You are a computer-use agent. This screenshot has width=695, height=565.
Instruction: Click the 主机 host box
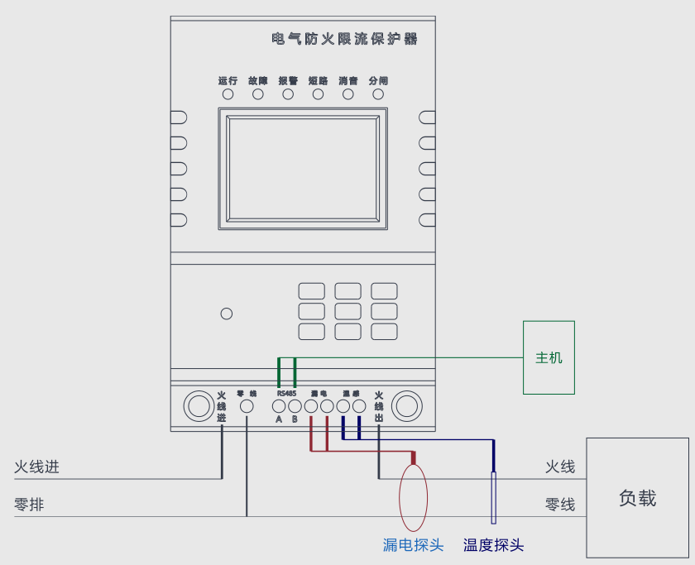click(x=549, y=357)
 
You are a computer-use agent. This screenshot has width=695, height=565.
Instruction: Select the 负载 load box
click(x=637, y=498)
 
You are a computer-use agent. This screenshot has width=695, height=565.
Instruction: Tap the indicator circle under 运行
click(x=228, y=94)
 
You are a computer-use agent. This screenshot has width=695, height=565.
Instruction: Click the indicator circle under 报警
click(x=288, y=94)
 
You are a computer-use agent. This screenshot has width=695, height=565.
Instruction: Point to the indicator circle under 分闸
click(x=378, y=94)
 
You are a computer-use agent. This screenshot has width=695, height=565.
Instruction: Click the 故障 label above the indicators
click(x=258, y=81)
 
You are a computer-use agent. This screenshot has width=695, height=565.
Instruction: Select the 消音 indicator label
click(x=348, y=81)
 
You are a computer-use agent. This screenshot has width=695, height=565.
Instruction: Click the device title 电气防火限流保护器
click(x=345, y=39)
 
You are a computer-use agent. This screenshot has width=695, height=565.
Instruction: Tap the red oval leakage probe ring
click(x=414, y=498)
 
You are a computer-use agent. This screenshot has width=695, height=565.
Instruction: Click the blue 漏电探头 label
click(x=413, y=545)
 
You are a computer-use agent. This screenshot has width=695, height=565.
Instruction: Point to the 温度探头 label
click(x=493, y=545)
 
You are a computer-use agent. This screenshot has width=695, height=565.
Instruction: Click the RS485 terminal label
click(x=286, y=394)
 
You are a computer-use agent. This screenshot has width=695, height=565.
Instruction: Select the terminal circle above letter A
click(x=279, y=406)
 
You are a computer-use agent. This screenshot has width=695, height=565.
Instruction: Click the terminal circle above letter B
click(x=295, y=406)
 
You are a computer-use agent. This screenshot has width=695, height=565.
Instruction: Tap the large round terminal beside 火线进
click(x=199, y=406)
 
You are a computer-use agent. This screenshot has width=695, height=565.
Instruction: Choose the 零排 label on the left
click(x=29, y=505)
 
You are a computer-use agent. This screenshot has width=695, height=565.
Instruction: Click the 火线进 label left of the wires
click(x=36, y=467)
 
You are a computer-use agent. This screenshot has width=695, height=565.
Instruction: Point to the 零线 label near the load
click(x=560, y=505)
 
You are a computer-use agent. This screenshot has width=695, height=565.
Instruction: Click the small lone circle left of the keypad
click(x=227, y=314)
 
